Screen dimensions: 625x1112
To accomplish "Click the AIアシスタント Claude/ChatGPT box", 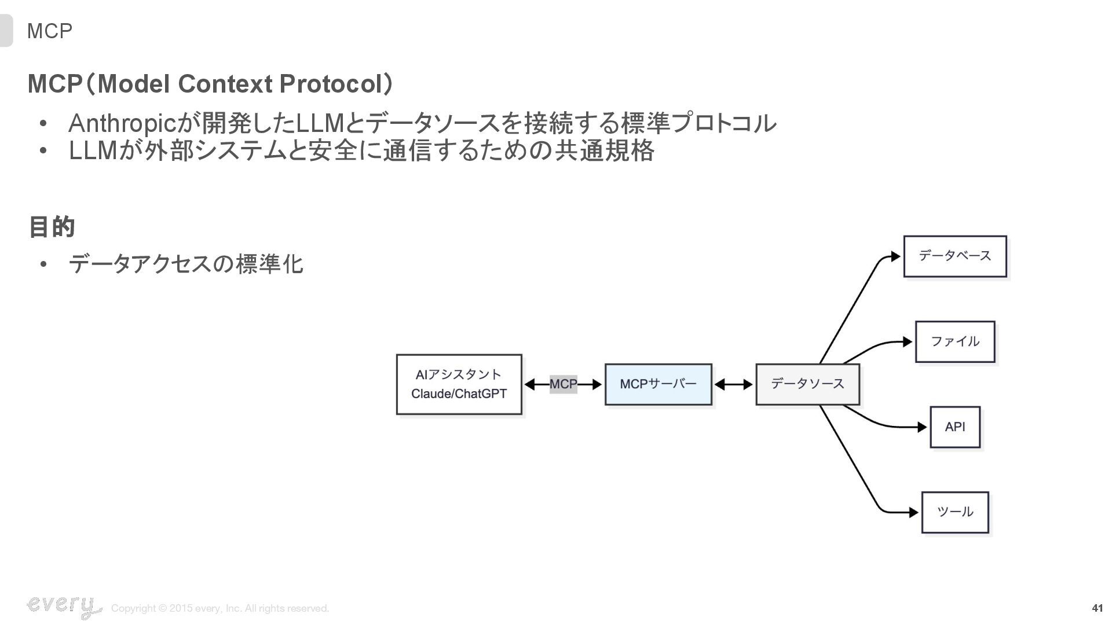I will [x=459, y=384].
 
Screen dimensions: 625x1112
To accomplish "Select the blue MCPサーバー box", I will [x=658, y=384].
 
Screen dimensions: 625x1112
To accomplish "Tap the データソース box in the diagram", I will [x=807, y=384].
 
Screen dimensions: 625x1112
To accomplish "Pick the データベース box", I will [x=954, y=256].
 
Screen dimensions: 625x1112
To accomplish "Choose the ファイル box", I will [x=954, y=342].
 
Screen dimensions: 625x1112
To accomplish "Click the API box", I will [x=954, y=427].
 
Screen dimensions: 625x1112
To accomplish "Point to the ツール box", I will [x=954, y=512].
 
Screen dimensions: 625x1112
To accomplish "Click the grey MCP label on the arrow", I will [x=563, y=384].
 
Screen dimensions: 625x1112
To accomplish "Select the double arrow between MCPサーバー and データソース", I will [x=734, y=384].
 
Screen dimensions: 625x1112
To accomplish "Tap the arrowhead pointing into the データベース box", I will [x=895, y=256].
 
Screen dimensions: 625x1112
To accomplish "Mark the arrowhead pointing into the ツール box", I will [x=913, y=512].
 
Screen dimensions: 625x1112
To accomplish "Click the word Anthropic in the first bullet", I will [x=122, y=123].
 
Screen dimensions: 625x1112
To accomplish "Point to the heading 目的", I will [x=52, y=227].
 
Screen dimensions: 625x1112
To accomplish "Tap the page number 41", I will [x=1097, y=608].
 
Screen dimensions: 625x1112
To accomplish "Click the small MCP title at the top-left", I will [x=50, y=31].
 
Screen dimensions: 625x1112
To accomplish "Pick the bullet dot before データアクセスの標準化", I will [x=43, y=265].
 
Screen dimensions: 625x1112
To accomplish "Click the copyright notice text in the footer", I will [x=220, y=608].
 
